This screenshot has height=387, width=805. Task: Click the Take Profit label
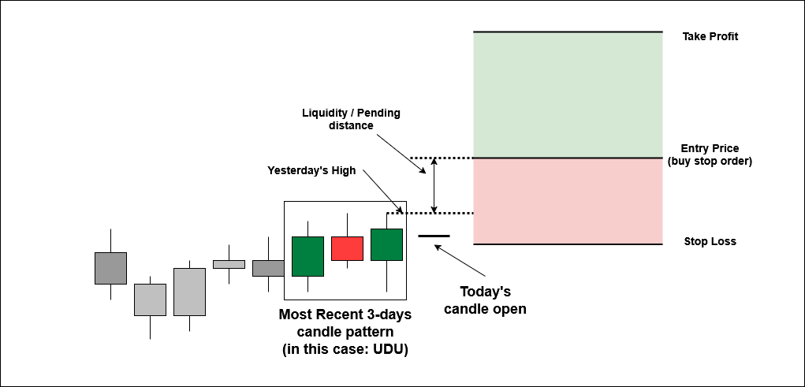(710, 36)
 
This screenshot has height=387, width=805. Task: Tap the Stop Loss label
(710, 241)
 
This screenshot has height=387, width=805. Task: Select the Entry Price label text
(710, 148)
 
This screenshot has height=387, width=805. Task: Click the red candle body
(347, 248)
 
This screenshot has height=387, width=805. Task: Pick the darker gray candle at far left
(110, 268)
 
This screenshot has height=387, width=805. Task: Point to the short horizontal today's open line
(434, 236)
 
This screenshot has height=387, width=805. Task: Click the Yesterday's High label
(311, 171)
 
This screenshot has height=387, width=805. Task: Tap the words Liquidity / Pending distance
(351, 119)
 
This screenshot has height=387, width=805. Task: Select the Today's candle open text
(485, 300)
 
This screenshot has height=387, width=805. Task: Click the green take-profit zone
(568, 95)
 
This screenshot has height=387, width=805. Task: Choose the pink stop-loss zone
(568, 201)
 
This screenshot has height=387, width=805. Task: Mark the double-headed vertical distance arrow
(434, 184)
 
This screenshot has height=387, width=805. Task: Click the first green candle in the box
(307, 256)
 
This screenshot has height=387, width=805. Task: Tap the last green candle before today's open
(386, 244)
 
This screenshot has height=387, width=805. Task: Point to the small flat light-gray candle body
(229, 264)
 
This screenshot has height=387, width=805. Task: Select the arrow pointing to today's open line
(460, 261)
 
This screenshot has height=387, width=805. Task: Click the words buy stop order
(710, 161)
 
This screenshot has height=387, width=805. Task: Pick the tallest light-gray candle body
(189, 292)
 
